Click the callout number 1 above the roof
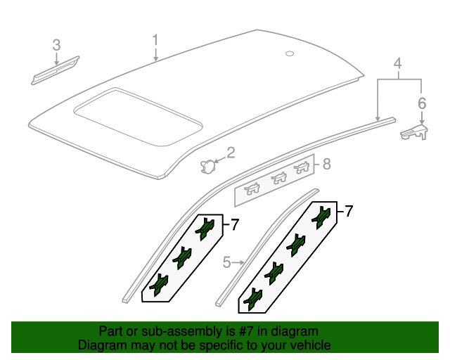pyautogui.click(x=156, y=40)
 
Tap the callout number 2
pyautogui.click(x=231, y=153)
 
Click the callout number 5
pyautogui.click(x=226, y=263)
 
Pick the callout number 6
pyautogui.click(x=422, y=103)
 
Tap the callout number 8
pyautogui.click(x=326, y=165)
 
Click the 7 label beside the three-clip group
pyautogui.click(x=235, y=225)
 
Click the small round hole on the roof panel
pyautogui.click(x=290, y=53)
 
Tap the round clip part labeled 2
pyautogui.click(x=208, y=165)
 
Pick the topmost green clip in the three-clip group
pyautogui.click(x=205, y=227)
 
